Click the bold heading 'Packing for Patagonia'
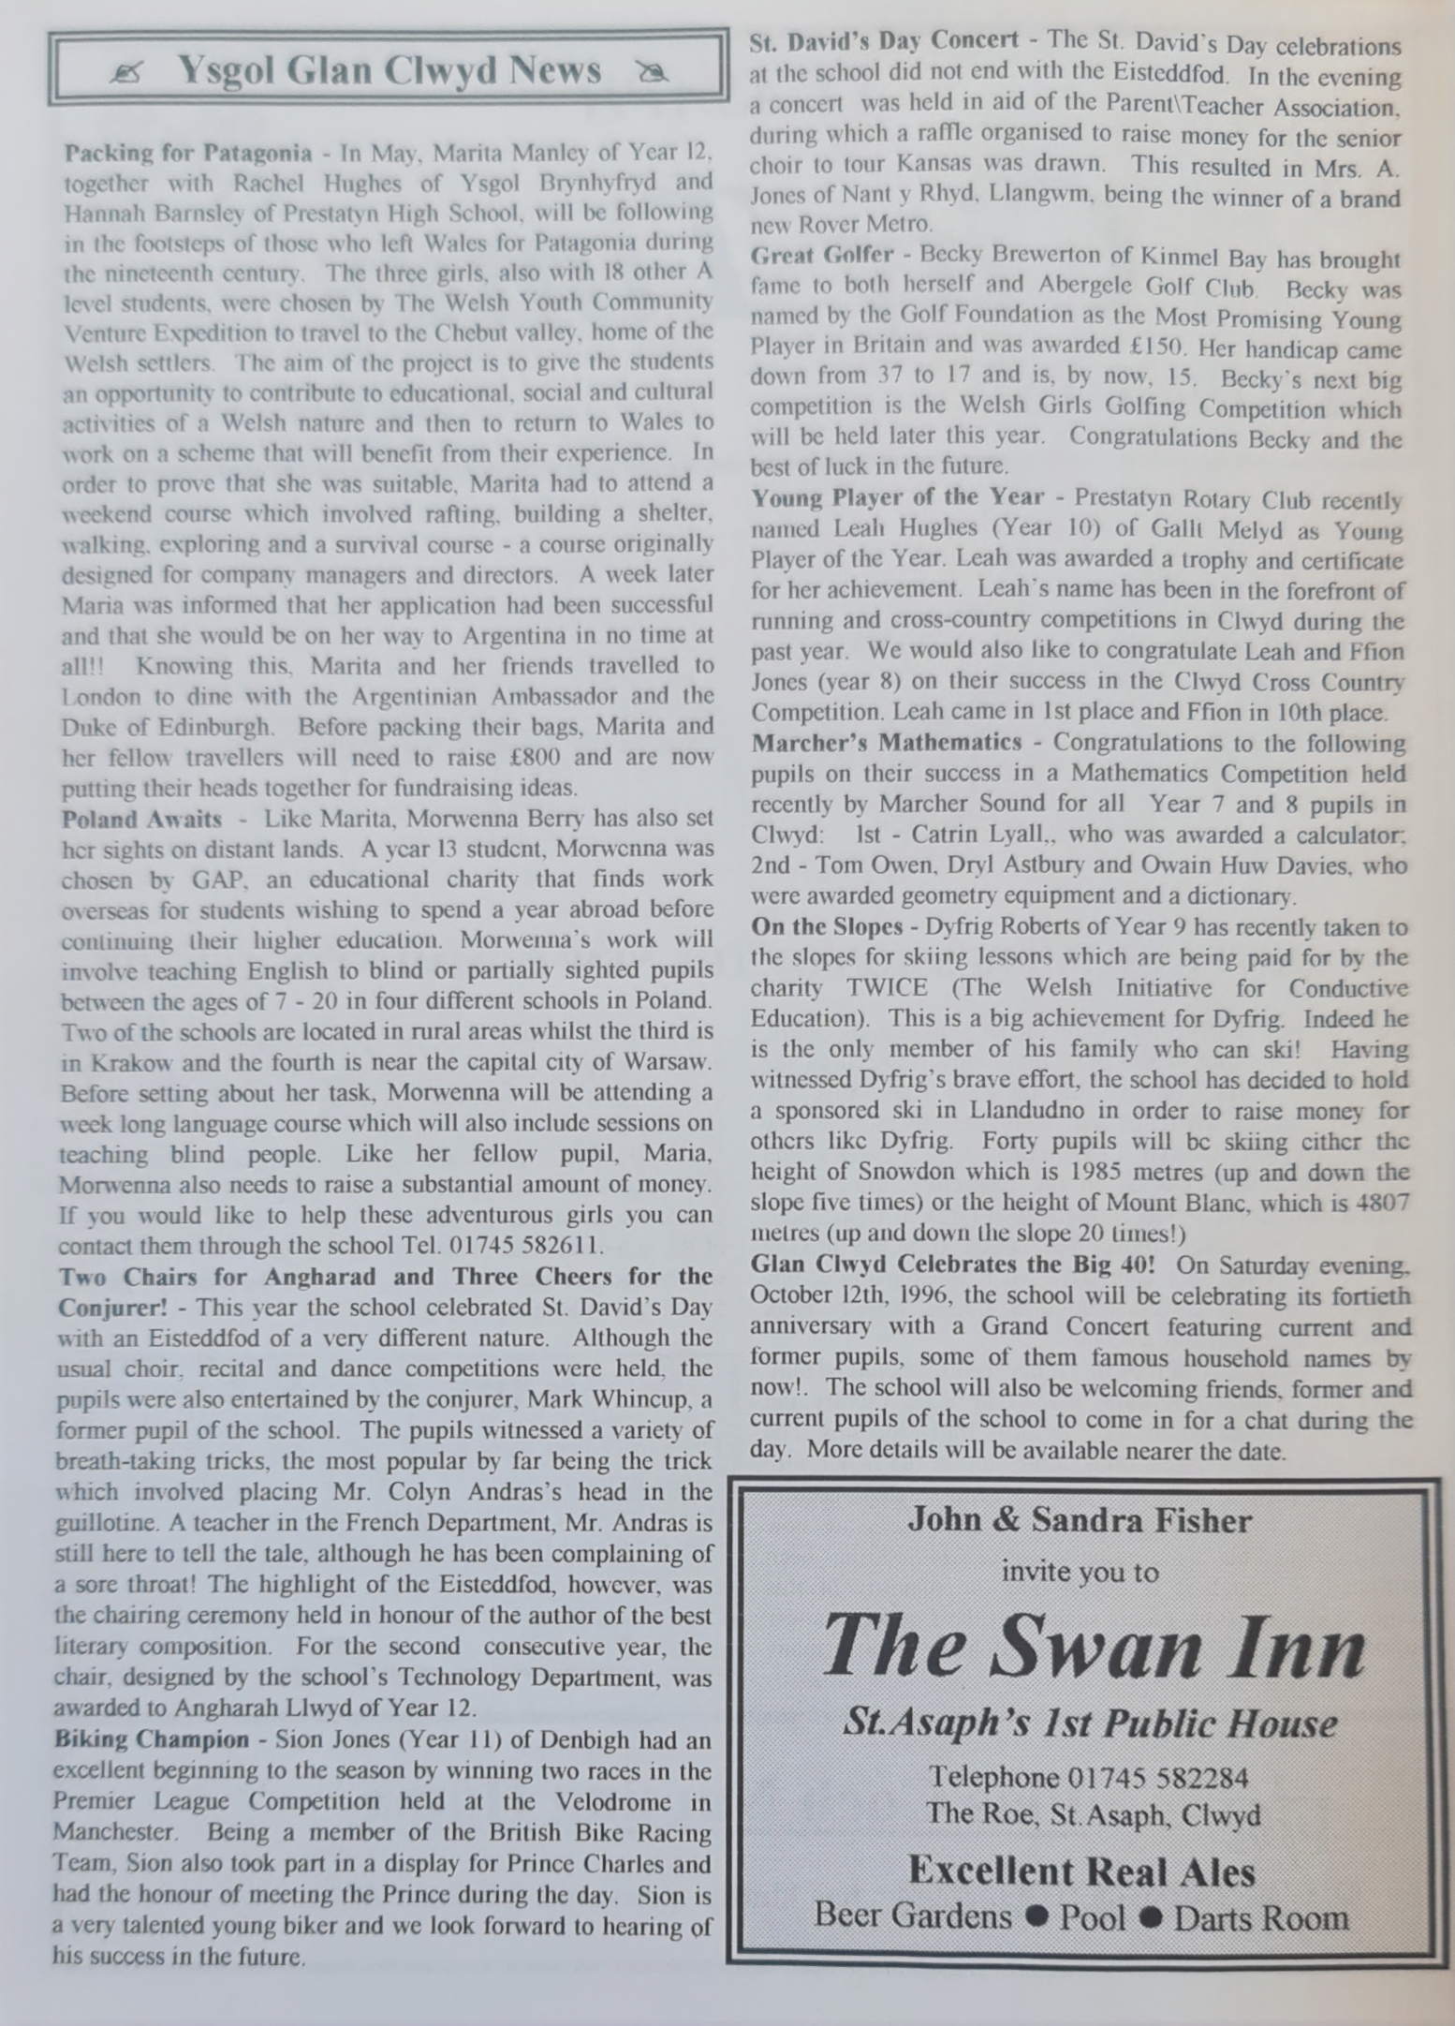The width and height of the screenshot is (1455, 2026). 187,153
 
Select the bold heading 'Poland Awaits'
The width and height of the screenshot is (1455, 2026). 141,820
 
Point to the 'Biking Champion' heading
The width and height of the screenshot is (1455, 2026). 151,1740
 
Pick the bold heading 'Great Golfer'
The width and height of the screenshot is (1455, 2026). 822,256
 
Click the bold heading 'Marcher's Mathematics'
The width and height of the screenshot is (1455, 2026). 886,743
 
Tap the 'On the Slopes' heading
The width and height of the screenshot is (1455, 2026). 826,927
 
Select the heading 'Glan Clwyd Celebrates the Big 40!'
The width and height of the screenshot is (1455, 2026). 952,1264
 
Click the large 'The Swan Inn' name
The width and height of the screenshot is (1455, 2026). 1093,1649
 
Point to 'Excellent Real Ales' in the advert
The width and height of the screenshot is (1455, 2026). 1081,1871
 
